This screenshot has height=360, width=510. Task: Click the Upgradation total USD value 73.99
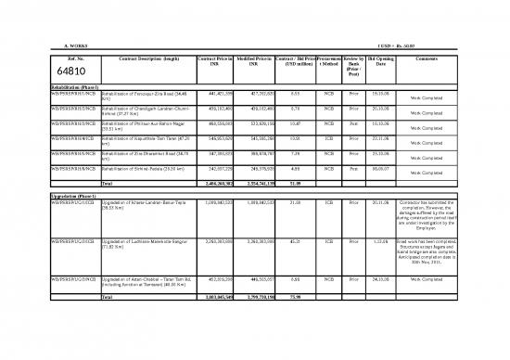(295, 296)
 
